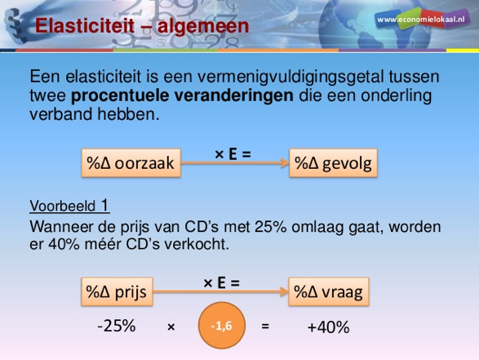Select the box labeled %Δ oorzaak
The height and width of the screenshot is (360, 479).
[x=131, y=163]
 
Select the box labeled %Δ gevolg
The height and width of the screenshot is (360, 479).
[x=333, y=163]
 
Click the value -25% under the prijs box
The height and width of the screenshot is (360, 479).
[x=116, y=326]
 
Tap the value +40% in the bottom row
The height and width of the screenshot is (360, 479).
[x=328, y=327]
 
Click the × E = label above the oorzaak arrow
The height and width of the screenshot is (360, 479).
[x=233, y=152]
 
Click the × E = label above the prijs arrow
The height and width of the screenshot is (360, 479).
[x=222, y=282]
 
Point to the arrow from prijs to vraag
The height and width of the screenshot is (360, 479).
[x=221, y=291]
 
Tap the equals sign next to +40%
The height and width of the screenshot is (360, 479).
[x=264, y=327]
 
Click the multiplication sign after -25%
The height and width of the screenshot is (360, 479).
[x=171, y=327]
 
